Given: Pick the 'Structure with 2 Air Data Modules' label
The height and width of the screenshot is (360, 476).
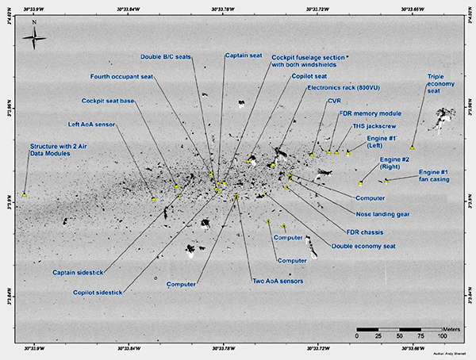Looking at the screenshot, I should (60, 151).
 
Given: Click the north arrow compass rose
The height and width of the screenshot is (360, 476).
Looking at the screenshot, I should (35, 40).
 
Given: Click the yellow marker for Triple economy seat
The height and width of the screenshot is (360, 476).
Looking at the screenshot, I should (413, 147).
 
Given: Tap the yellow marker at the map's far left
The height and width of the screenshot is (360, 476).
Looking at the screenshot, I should (25, 193).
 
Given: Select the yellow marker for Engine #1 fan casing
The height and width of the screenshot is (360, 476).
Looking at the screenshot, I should (386, 181).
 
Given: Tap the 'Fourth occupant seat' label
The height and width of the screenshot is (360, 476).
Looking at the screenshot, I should (121, 76).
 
